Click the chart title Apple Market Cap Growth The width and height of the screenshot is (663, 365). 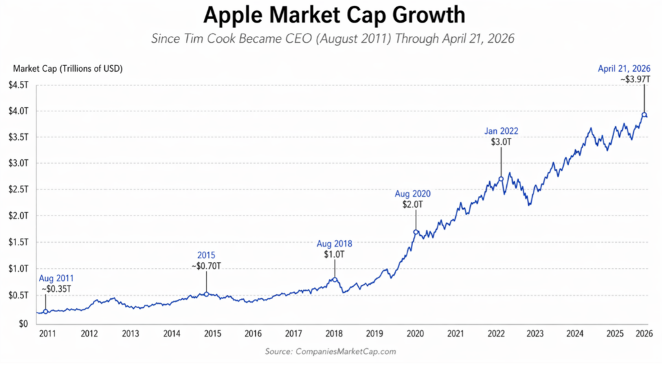click(333, 15)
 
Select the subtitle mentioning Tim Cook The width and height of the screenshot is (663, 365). click(333, 39)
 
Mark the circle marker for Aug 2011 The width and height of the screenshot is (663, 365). click(45, 311)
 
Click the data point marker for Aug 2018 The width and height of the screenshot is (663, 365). click(334, 280)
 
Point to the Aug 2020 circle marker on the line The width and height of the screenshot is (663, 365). click(416, 232)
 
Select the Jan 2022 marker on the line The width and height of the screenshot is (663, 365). click(501, 179)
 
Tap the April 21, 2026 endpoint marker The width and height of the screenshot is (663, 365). click(644, 115)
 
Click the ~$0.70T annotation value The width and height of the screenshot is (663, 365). click(207, 266)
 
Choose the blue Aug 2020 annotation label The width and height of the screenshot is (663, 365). click(412, 194)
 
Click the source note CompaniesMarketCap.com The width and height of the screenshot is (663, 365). click(330, 351)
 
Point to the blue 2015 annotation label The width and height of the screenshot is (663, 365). click(207, 255)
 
